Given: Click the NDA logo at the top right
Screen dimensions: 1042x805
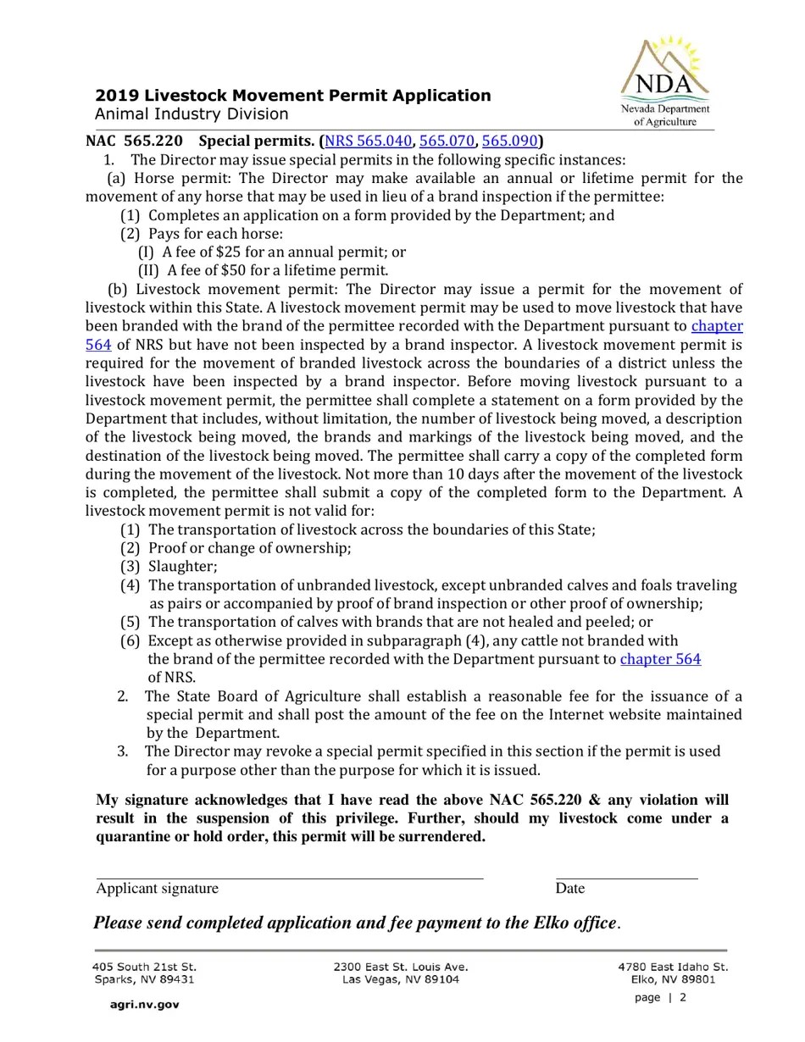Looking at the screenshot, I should coord(665,81).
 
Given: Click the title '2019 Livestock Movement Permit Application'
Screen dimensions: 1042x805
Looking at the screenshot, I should coord(292,96).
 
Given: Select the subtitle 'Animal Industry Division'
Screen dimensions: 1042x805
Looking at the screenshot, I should coord(192,114).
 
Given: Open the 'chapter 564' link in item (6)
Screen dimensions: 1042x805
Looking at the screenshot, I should coord(660,659).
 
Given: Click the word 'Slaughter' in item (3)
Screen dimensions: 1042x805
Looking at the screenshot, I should coord(181,567).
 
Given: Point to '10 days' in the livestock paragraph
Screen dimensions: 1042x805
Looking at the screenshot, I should coord(501,474).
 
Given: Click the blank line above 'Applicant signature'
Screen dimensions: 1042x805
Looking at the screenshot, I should coord(289,878).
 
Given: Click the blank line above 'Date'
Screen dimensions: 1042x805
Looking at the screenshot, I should coord(626,878).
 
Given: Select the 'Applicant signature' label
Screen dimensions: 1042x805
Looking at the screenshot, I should coord(157,889).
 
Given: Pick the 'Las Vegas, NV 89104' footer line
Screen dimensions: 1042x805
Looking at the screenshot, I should coord(400,979).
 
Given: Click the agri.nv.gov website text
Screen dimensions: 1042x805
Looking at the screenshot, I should coord(144,1005).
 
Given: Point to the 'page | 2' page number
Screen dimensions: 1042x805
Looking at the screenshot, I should coord(660,997).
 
